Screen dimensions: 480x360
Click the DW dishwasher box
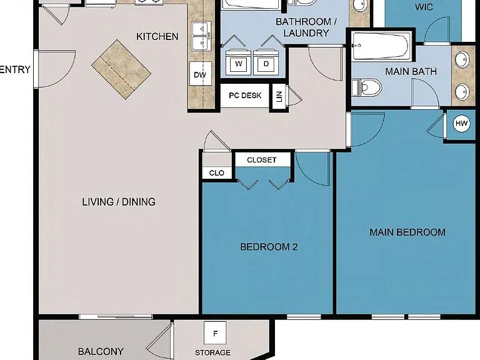point(200,74)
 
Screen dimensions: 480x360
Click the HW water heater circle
point(461,123)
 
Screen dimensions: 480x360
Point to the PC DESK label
point(245,96)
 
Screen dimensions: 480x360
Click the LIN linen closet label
point(279,97)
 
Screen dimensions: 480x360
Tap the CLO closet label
point(216,173)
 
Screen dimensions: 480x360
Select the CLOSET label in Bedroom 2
point(262,160)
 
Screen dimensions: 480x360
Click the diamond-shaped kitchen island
point(121,69)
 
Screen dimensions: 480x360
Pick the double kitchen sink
point(201,36)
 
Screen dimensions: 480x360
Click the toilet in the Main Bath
point(367,87)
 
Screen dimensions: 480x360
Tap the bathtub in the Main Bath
point(380,46)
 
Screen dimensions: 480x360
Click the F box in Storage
point(215,333)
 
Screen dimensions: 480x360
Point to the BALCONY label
point(101,351)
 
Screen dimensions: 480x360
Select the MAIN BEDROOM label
point(407,232)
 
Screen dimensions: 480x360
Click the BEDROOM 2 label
point(269,247)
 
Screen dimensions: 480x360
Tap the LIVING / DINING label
point(119,202)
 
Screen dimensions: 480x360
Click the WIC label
point(424,7)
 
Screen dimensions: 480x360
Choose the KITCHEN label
point(157,37)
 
